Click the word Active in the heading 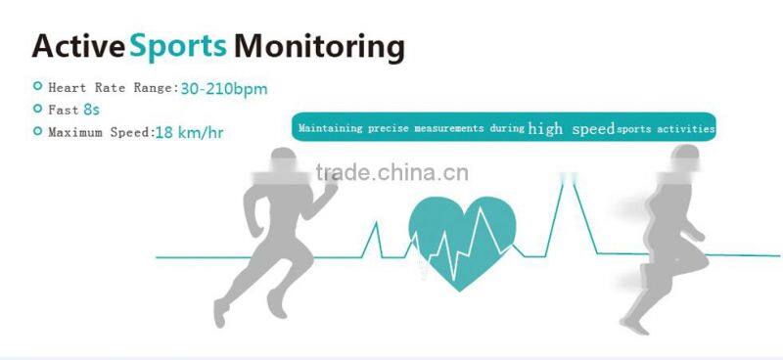point(78,46)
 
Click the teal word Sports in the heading point(179,46)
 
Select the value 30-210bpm point(224,89)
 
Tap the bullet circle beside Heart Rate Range point(37,88)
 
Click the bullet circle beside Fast point(37,110)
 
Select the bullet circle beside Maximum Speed point(37,131)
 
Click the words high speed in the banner point(571,128)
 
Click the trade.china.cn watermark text point(391,175)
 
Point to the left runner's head point(281,166)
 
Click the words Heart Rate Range point(111,89)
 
